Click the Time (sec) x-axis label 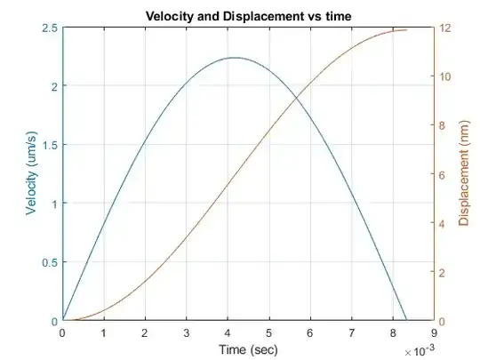tap(248, 348)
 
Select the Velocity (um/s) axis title tap(32, 174)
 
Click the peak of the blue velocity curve tap(235, 58)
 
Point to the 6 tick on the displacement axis tap(444, 174)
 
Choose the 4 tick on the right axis tap(444, 223)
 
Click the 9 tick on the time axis tap(434, 332)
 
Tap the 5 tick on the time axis tap(268, 332)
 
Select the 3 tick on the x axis tap(186, 332)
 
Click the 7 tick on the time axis tap(351, 332)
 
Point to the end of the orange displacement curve tap(407, 29)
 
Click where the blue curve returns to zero tap(406, 320)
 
